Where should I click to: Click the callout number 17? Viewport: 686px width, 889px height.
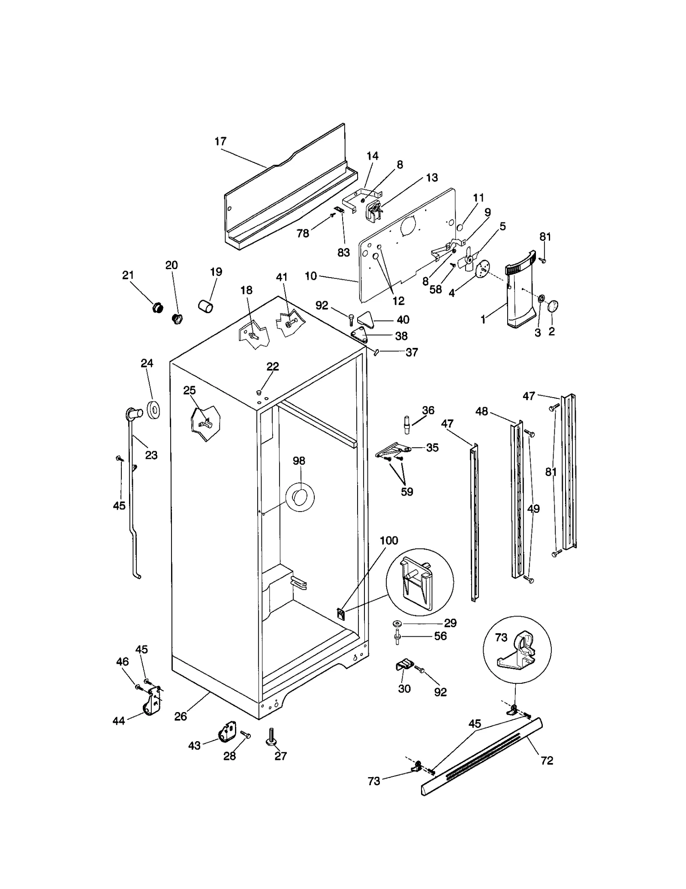coord(220,141)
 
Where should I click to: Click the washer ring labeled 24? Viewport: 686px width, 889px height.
coord(153,410)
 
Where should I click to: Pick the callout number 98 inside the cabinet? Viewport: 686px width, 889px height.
coord(299,461)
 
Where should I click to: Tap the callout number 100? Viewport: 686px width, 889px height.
coord(389,540)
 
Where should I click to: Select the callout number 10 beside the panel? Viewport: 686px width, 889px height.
coord(311,276)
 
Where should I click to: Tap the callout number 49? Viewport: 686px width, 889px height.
coord(533,509)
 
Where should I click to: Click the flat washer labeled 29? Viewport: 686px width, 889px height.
coord(396,622)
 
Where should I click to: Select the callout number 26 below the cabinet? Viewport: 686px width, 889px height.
coord(181,716)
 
